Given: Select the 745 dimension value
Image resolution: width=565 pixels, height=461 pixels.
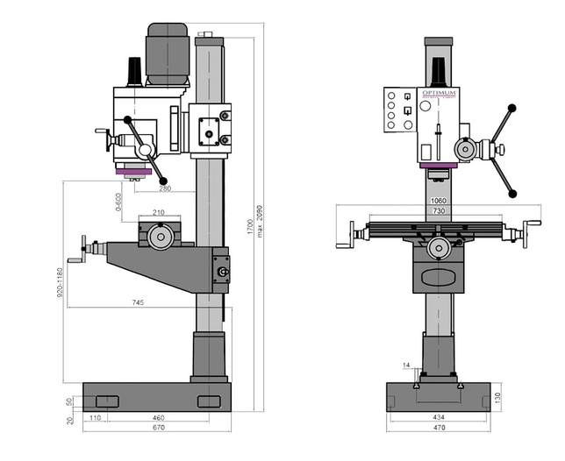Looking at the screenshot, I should (x=139, y=302).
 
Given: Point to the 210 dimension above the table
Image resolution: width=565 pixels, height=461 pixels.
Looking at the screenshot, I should (x=159, y=213).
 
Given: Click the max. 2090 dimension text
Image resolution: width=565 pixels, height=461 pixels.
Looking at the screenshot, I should (x=261, y=224).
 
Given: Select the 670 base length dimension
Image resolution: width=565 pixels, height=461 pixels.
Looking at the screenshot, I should (x=157, y=429).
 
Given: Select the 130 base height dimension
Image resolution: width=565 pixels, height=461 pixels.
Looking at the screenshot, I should (x=497, y=396).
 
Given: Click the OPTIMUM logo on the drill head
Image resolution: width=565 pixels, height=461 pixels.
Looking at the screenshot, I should (x=439, y=93).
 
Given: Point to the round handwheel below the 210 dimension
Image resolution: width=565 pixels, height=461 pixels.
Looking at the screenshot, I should (x=160, y=237).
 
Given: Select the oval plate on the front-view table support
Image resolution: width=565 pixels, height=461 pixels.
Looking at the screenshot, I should (x=440, y=278).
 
